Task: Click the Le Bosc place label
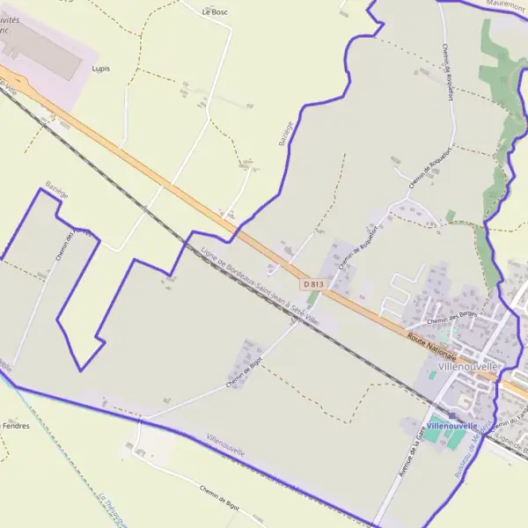pyautogui.click(x=215, y=12)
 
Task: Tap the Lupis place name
pyautogui.click(x=100, y=68)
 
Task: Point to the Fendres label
pyautogui.click(x=16, y=426)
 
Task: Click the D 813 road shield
pyautogui.click(x=312, y=284)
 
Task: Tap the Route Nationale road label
pyautogui.click(x=432, y=344)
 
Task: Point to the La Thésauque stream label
pyautogui.click(x=109, y=510)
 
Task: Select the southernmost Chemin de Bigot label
pyautogui.click(x=220, y=500)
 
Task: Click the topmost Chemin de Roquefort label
pyautogui.click(x=448, y=72)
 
